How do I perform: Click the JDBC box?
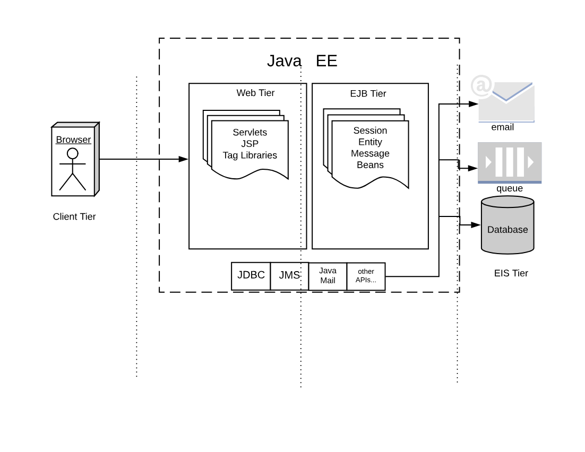pyautogui.click(x=251, y=275)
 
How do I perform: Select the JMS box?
pyautogui.click(x=289, y=275)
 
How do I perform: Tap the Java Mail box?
pyautogui.click(x=328, y=276)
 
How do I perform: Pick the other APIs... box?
pyautogui.click(x=366, y=276)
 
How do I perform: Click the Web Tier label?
pyautogui.click(x=255, y=93)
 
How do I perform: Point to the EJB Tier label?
pyautogui.click(x=368, y=93)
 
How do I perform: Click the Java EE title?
pyautogui.click(x=302, y=61)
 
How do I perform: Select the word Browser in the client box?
pyautogui.click(x=73, y=140)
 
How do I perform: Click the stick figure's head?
pyautogui.click(x=73, y=153)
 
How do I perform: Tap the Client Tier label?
pyautogui.click(x=74, y=216)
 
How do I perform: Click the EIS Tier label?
pyautogui.click(x=511, y=273)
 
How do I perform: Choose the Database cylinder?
pyautogui.click(x=507, y=225)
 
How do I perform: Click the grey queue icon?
pyautogui.click(x=510, y=162)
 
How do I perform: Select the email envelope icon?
pyautogui.click(x=506, y=102)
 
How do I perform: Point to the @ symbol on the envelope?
pyautogui.click(x=482, y=85)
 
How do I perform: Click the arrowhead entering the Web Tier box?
pyautogui.click(x=184, y=159)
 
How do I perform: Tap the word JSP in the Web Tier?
pyautogui.click(x=250, y=144)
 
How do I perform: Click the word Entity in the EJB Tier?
pyautogui.click(x=370, y=142)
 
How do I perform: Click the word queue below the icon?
pyautogui.click(x=510, y=188)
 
